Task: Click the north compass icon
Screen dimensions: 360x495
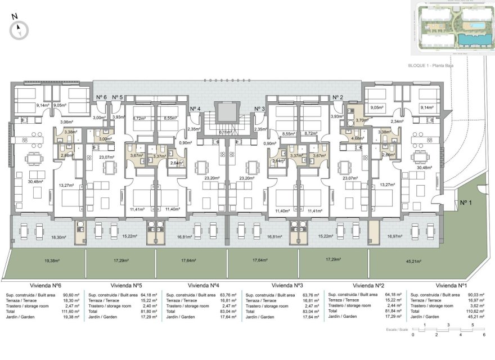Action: point(19,29)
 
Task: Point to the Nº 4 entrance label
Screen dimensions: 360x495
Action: point(195,109)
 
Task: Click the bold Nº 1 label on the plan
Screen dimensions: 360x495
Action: point(465,203)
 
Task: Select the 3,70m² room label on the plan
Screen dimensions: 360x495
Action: point(362,120)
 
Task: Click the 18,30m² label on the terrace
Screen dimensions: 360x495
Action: point(58,237)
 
